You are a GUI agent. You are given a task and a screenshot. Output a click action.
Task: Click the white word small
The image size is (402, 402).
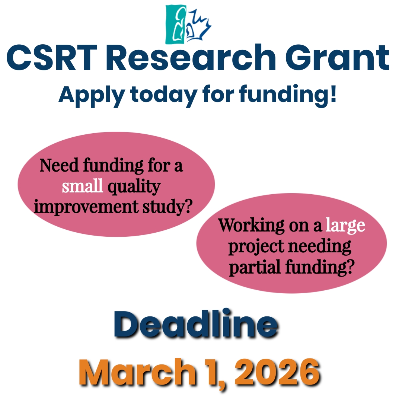tap(82, 186)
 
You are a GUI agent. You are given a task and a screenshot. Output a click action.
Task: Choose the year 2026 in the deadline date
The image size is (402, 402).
tap(280, 372)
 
